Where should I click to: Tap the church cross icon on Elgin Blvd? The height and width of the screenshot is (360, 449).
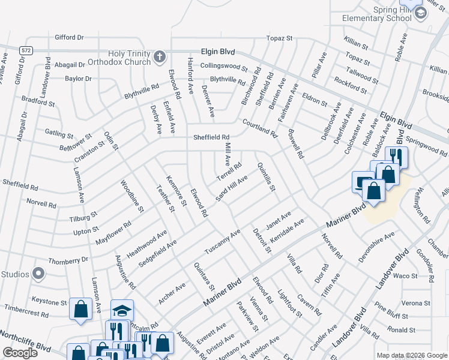159,57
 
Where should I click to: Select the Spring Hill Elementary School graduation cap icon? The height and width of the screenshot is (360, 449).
420,12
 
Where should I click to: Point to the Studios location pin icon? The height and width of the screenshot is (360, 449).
38,274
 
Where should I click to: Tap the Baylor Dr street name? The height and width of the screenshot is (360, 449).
79,79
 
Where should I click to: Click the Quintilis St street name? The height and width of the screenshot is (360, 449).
266,178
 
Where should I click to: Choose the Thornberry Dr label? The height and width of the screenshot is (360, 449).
68,260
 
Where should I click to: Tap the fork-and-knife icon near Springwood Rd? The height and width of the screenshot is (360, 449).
396,157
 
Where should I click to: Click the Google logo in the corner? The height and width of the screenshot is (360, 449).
20,352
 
